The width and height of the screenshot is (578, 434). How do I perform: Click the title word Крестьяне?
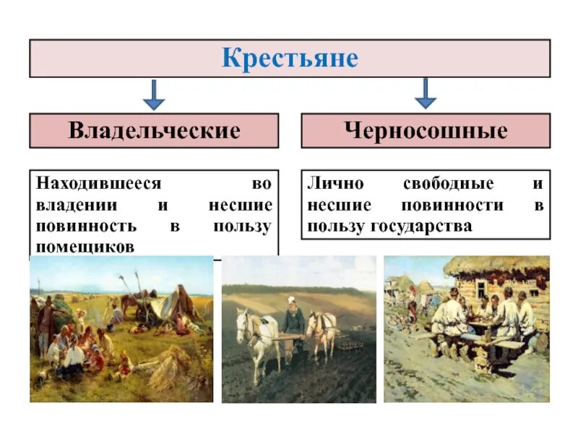pyautogui.click(x=290, y=59)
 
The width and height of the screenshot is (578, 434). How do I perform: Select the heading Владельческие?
pyautogui.click(x=154, y=131)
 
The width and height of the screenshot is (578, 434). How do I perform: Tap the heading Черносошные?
pyautogui.click(x=426, y=131)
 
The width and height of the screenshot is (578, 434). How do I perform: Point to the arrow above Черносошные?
pyautogui.click(x=426, y=93)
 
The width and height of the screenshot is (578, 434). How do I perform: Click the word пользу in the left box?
pyautogui.click(x=243, y=226)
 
